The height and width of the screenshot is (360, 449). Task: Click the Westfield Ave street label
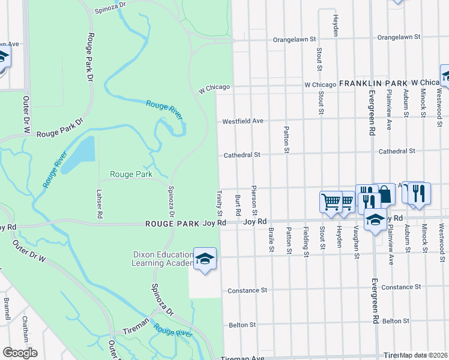click(x=243, y=121)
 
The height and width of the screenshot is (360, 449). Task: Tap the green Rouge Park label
click(x=131, y=175)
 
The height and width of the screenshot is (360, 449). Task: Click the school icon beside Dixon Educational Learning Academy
click(x=205, y=259)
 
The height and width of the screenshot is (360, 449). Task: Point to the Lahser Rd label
click(x=100, y=203)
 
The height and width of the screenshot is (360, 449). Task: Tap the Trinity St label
click(x=219, y=205)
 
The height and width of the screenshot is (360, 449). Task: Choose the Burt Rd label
click(x=238, y=205)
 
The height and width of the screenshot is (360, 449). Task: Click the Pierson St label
click(x=255, y=201)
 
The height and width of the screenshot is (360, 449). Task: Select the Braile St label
click(x=271, y=240)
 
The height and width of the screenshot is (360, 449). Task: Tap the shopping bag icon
click(x=385, y=194)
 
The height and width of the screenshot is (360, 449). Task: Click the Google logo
click(x=20, y=353)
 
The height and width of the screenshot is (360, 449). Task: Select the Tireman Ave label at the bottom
click(x=243, y=358)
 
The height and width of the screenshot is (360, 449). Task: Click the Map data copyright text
click(x=424, y=355)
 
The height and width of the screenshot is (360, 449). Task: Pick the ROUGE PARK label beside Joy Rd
click(x=173, y=223)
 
